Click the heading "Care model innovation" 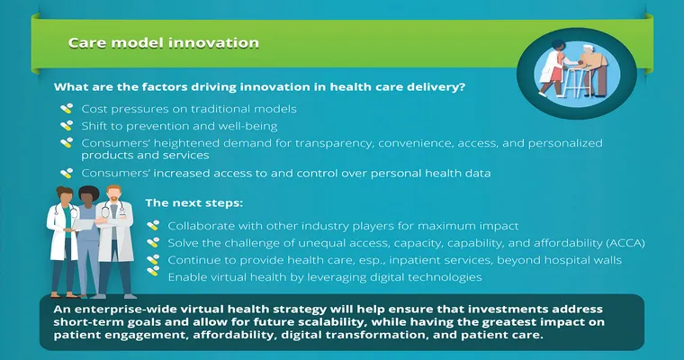pyautogui.click(x=164, y=43)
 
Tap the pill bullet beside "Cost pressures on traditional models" pyautogui.click(x=67, y=109)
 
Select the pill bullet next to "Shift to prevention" pyautogui.click(x=67, y=126)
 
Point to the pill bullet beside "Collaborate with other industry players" pyautogui.click(x=153, y=226)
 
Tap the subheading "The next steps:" pyautogui.click(x=194, y=202)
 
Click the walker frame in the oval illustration pyautogui.click(x=577, y=82)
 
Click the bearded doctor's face pyautogui.click(x=114, y=196)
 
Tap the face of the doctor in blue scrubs pyautogui.click(x=88, y=198)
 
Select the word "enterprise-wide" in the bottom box pyautogui.click(x=123, y=310)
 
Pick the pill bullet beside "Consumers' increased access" pyautogui.click(x=67, y=173)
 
